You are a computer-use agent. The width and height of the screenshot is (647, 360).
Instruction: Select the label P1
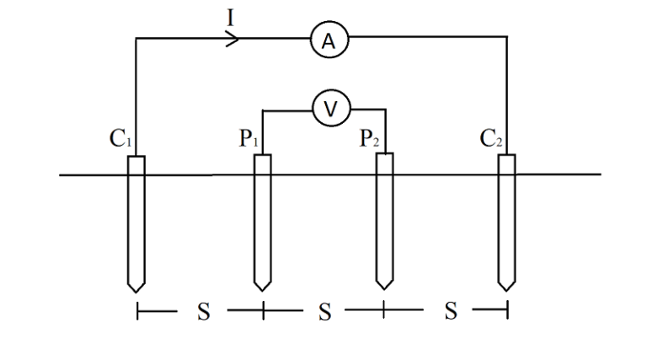247,139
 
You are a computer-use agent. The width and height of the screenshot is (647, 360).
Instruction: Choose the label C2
492,139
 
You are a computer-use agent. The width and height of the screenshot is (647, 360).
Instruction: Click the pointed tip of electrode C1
136,289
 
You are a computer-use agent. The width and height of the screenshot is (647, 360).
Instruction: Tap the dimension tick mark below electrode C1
137,312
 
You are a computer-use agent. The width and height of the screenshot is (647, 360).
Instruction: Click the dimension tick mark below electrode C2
507,312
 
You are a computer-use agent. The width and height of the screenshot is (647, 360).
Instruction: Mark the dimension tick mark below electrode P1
263,312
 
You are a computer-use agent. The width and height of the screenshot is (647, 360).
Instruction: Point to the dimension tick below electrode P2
385,312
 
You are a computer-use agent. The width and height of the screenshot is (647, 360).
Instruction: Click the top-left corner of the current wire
136,38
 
